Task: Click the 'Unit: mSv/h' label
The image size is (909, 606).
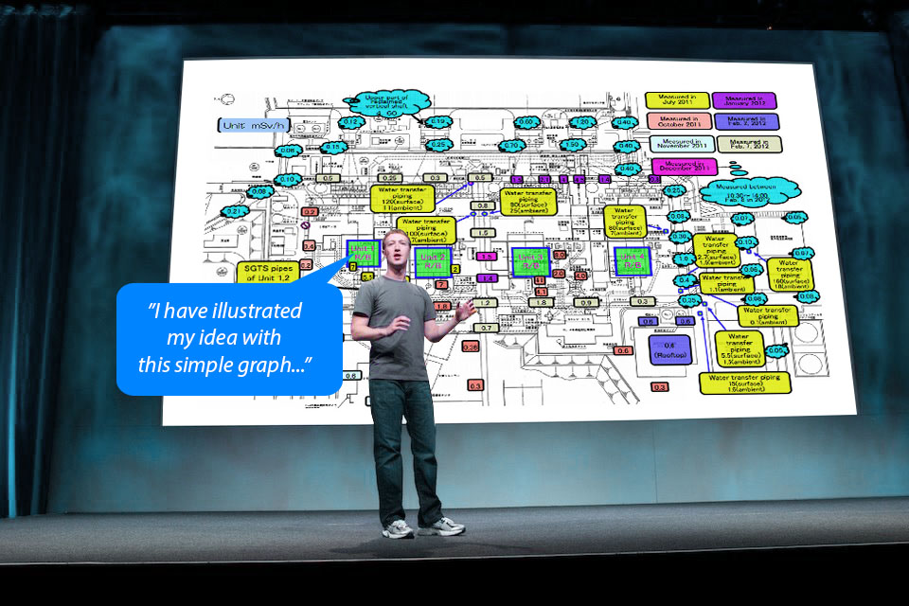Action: [x=254, y=125]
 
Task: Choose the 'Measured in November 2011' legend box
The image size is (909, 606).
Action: [x=675, y=144]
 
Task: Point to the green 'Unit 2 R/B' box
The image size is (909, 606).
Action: [x=433, y=261]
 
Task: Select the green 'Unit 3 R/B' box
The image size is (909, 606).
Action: [x=530, y=261]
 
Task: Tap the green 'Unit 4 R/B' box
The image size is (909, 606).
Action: [x=632, y=260]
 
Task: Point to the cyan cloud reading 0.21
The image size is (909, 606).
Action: [x=234, y=211]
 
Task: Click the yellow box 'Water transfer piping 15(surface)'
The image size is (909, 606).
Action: [x=744, y=382]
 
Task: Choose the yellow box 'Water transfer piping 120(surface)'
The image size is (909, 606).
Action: [x=401, y=198]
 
